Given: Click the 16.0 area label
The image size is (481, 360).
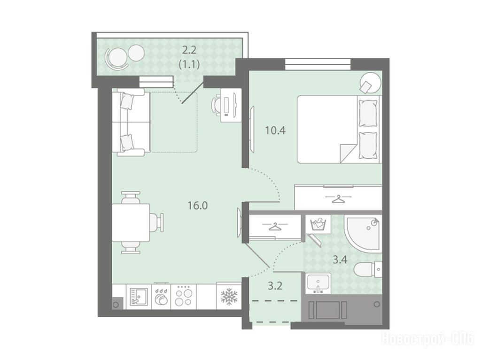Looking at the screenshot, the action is pyautogui.click(x=198, y=206).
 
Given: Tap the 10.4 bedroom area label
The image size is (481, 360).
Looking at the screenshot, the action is pyautogui.click(x=275, y=130).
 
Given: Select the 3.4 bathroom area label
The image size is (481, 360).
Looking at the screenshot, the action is pyautogui.click(x=340, y=260).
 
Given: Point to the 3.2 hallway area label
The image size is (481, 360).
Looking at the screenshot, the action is pyautogui.click(x=275, y=286).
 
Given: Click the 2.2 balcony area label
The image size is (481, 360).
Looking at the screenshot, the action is pyautogui.click(x=189, y=49).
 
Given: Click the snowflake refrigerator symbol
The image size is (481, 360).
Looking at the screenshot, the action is pyautogui.click(x=229, y=296).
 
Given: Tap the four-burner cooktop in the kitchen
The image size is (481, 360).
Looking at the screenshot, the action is pyautogui.click(x=184, y=296).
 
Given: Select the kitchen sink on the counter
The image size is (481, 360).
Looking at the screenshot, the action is pyautogui.click(x=138, y=296).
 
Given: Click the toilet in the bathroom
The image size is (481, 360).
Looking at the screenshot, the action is pyautogui.click(x=367, y=269).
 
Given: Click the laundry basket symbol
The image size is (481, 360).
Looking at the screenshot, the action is pyautogui.click(x=318, y=224).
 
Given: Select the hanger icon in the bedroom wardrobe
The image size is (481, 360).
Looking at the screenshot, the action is pyautogui.click(x=338, y=199).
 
